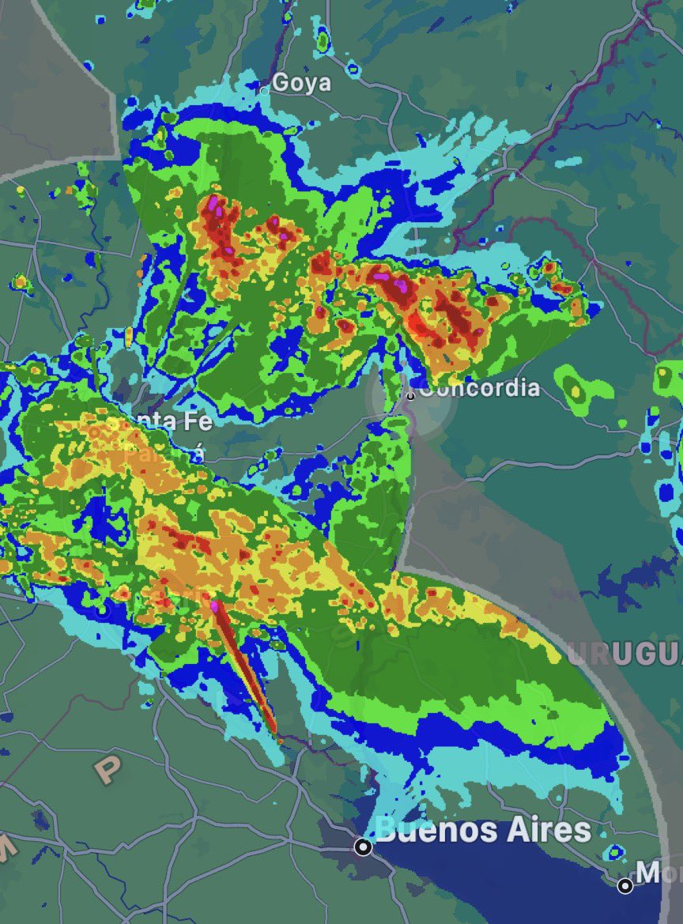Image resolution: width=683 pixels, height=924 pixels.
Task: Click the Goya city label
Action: tap(301, 82)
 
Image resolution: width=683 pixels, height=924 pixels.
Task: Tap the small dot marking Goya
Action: tap(265, 90)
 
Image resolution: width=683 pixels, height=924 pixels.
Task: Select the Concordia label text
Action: tap(479, 388)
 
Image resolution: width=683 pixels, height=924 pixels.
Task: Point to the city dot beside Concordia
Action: tap(410, 394)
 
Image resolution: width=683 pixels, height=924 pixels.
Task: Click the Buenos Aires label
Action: tap(483, 830)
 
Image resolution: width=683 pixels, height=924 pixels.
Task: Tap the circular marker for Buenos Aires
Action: tap(363, 847)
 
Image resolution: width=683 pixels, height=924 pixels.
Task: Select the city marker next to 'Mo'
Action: tap(625, 885)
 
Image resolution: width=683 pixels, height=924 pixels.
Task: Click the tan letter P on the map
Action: tap(105, 769)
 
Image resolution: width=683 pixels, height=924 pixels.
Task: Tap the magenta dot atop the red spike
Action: tap(214, 606)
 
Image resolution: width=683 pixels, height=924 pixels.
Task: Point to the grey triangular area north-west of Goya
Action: tap(47, 79)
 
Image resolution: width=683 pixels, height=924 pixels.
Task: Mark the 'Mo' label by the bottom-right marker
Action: tap(659, 873)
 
